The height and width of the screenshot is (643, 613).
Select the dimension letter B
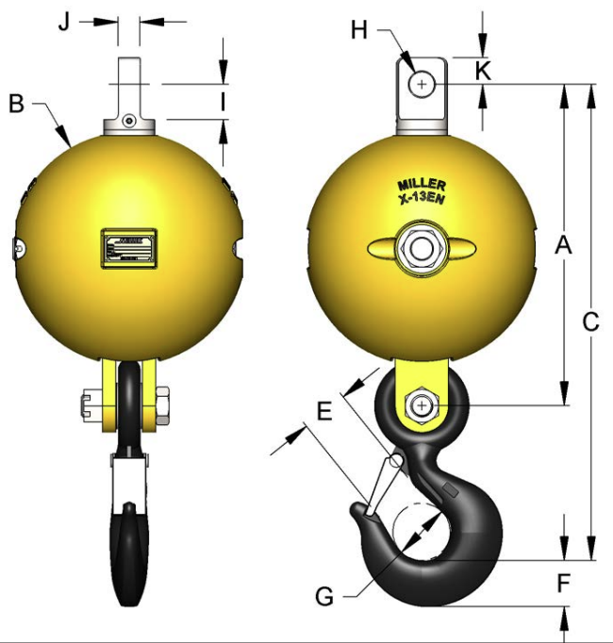click(x=16, y=103)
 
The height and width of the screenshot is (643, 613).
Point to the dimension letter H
click(x=359, y=31)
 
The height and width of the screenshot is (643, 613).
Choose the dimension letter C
click(x=591, y=321)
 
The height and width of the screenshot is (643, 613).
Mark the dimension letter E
click(x=323, y=411)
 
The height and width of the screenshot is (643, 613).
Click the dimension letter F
click(x=563, y=584)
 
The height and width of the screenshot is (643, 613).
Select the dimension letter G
click(x=323, y=596)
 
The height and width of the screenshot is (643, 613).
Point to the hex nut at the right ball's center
click(x=420, y=248)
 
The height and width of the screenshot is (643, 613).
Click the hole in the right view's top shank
click(x=420, y=85)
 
